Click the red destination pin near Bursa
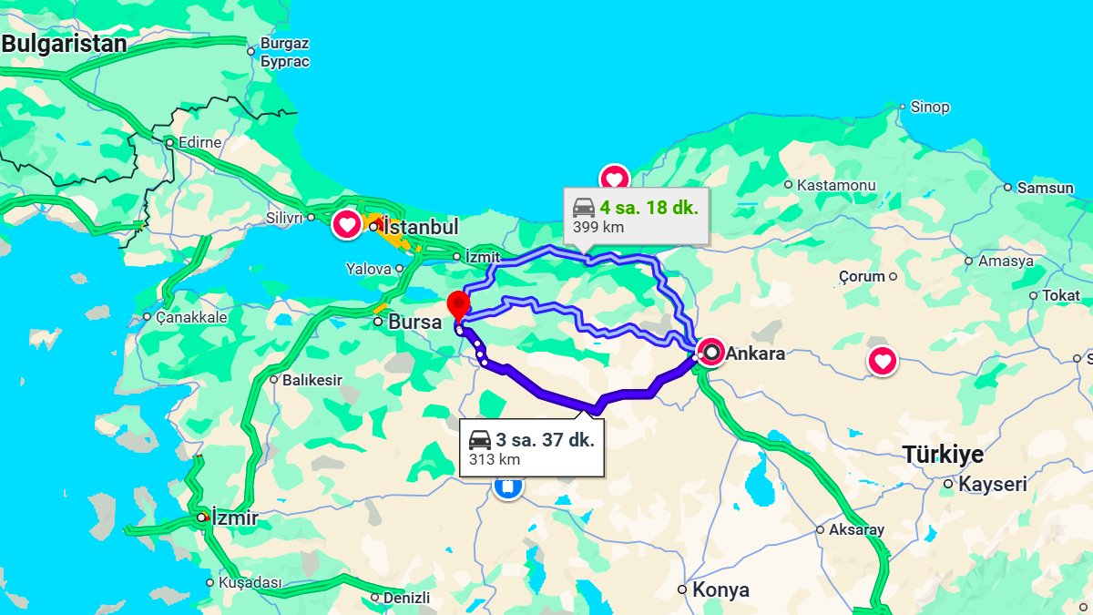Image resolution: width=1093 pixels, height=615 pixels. (x=458, y=303)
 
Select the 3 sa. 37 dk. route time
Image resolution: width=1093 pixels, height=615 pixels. (x=545, y=440)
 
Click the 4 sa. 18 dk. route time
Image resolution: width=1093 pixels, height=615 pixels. (x=649, y=208)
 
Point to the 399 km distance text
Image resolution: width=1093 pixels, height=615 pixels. (x=598, y=227)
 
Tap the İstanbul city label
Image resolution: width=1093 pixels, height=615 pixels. (x=421, y=227)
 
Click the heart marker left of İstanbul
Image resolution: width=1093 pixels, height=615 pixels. (x=347, y=223)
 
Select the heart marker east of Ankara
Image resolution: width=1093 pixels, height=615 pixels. (x=882, y=361)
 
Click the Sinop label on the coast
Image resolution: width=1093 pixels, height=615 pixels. (x=930, y=107)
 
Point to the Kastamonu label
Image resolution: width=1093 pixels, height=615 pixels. (x=836, y=185)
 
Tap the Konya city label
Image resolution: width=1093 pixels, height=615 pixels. (x=720, y=589)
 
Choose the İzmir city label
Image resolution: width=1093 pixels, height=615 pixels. (x=235, y=518)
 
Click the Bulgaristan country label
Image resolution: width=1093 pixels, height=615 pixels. (x=63, y=44)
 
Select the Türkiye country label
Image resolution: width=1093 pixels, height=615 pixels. (x=943, y=454)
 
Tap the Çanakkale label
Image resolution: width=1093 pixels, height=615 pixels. (x=190, y=317)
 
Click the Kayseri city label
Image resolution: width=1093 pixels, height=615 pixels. (x=992, y=484)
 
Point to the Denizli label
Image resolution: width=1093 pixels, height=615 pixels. (x=406, y=598)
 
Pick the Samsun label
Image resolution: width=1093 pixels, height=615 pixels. (x=1046, y=188)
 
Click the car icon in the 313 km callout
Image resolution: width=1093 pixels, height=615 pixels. (x=480, y=441)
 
